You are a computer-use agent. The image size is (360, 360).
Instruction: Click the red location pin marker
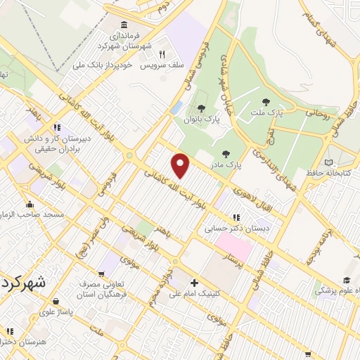click(181, 165)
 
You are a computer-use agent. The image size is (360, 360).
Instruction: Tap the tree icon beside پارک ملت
click(266, 103)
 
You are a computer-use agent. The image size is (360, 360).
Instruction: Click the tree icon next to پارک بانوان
click(202, 108)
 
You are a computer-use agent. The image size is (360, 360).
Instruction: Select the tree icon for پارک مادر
click(226, 154)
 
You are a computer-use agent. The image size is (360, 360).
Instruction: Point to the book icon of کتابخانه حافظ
click(330, 162)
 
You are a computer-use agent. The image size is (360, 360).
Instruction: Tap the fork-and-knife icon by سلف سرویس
click(162, 54)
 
